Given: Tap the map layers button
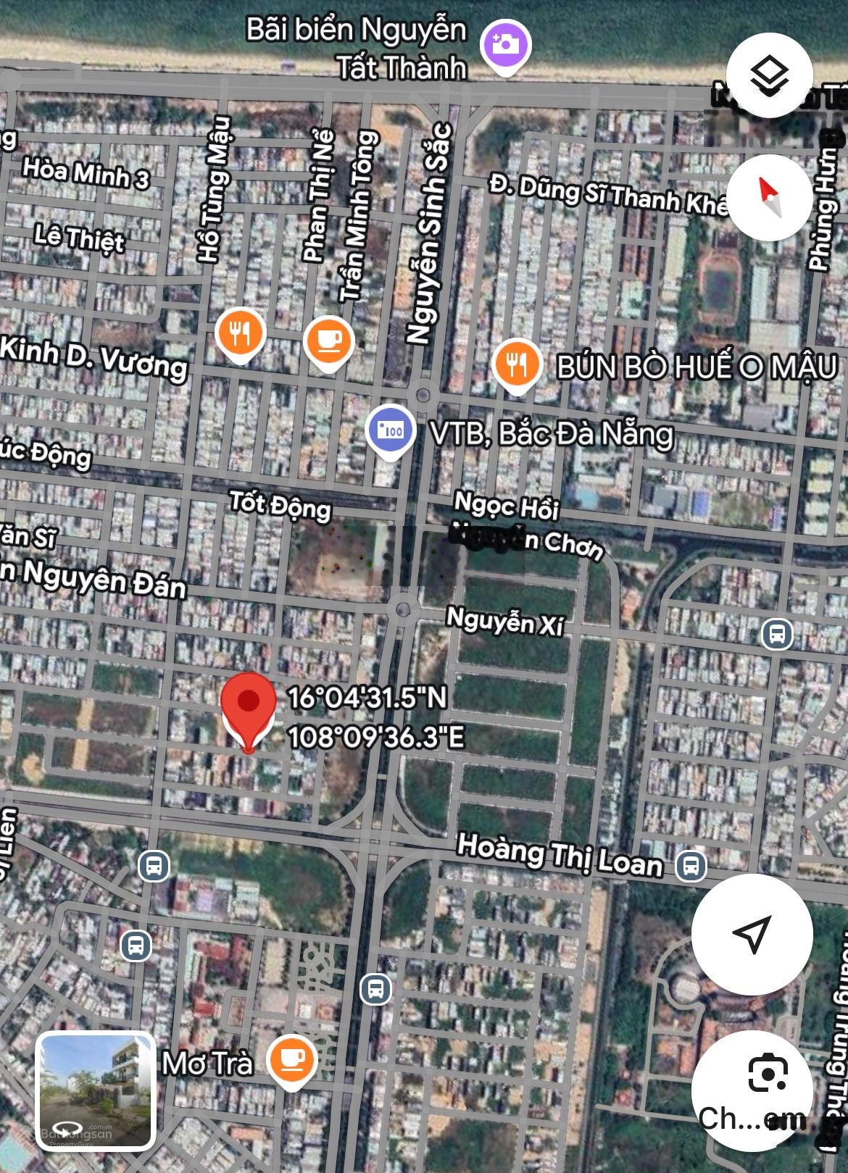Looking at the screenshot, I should tap(769, 75).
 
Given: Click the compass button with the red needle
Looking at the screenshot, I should tap(769, 198).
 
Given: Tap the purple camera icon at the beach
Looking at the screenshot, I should tap(507, 45).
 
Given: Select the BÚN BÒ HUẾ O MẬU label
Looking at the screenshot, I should tap(697, 367).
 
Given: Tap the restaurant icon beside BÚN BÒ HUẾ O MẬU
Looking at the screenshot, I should tap(516, 364).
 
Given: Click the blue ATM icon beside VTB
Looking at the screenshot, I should tap(391, 430).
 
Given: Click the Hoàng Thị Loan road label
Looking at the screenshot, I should tap(560, 856).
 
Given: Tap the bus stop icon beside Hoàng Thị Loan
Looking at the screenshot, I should tap(691, 864).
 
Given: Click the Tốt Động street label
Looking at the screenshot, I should tap(280, 505).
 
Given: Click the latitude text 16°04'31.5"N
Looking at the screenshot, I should tap(367, 698).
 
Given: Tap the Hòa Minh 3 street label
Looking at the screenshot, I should tap(86, 174).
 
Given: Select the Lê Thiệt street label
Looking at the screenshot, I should tap(79, 238).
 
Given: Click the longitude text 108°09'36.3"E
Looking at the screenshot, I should tap(376, 738).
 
